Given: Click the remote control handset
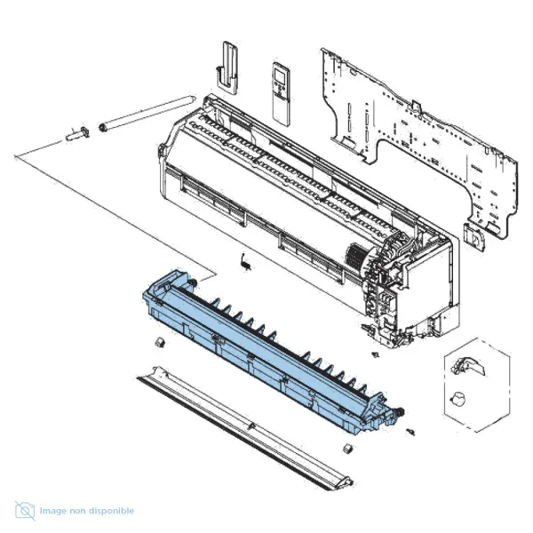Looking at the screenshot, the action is pyautogui.click(x=281, y=94).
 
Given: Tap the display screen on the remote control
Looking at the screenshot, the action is pyautogui.click(x=281, y=76).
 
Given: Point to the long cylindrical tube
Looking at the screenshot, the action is pyautogui.click(x=147, y=113).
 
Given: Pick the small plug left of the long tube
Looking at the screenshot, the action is pyautogui.click(x=78, y=134).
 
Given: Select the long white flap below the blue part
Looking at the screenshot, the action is pyautogui.click(x=245, y=428).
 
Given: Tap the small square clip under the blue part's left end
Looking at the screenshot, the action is pyautogui.click(x=159, y=342).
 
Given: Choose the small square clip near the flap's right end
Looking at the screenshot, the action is pyautogui.click(x=347, y=449).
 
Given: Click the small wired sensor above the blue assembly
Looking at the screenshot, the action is pyautogui.click(x=245, y=262).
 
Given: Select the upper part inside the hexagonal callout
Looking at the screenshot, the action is pyautogui.click(x=468, y=367).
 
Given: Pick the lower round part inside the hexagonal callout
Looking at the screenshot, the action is pyautogui.click(x=457, y=399).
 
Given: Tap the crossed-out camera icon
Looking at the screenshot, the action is pyautogui.click(x=25, y=511).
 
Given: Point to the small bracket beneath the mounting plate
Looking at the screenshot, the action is pyautogui.click(x=474, y=237).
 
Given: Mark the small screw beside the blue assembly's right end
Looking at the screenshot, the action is pyautogui.click(x=410, y=432).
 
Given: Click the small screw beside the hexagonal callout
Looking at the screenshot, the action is pyautogui.click(x=375, y=354).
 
